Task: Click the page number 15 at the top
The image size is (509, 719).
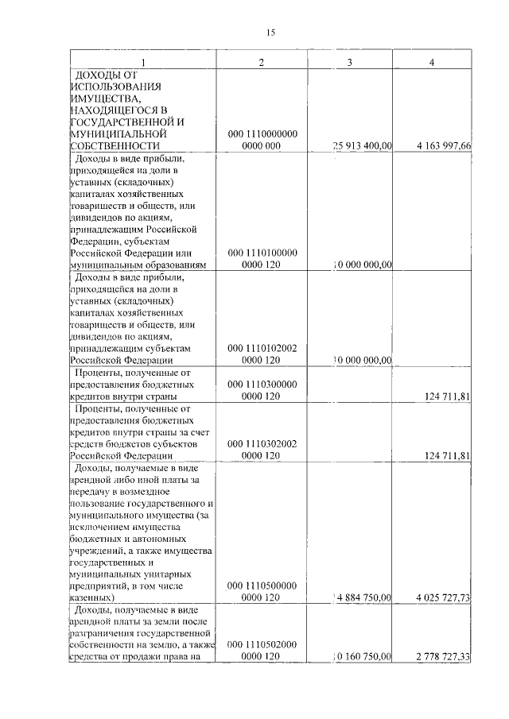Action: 270,33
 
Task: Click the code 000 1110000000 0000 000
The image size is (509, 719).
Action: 262,140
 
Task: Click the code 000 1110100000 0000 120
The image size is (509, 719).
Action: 262,258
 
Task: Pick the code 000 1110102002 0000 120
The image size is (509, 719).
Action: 262,354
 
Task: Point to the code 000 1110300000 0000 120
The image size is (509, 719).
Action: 262,389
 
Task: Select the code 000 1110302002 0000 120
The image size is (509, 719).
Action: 262,450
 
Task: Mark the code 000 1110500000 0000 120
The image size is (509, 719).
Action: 262,591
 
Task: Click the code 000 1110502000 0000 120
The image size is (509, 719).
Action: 262,651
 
